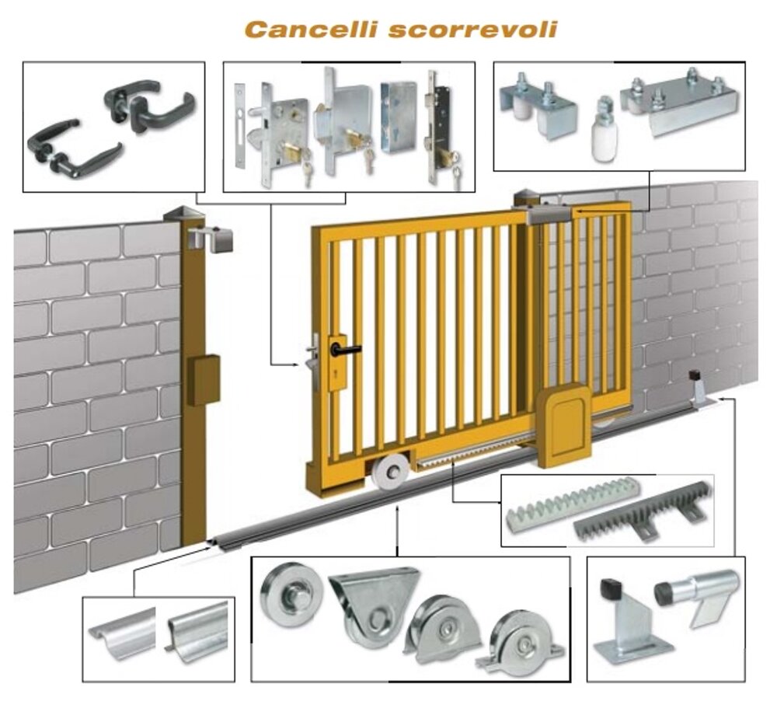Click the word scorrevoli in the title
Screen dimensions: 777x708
click(x=473, y=30)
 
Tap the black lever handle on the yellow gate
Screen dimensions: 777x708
click(x=346, y=349)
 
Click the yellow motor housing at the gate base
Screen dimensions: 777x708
click(x=565, y=427)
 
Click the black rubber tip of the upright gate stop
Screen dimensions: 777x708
click(x=611, y=589)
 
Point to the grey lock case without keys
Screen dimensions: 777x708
click(x=399, y=117)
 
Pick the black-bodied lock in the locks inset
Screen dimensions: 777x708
click(x=441, y=127)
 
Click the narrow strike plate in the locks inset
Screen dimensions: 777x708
click(x=240, y=127)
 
